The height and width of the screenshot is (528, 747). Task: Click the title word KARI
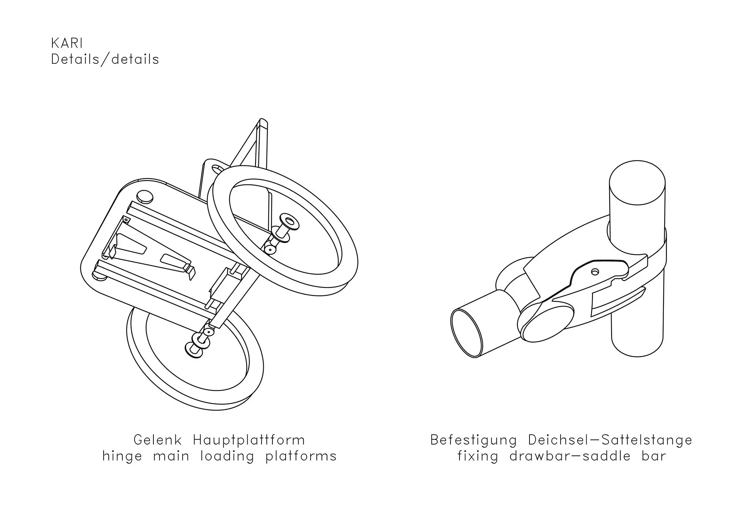click(x=67, y=43)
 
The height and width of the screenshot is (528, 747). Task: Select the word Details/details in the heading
click(x=105, y=59)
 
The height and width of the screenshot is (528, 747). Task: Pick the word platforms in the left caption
click(x=301, y=456)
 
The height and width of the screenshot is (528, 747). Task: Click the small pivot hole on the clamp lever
click(x=595, y=271)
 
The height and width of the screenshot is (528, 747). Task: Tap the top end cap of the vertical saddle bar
click(x=637, y=183)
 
